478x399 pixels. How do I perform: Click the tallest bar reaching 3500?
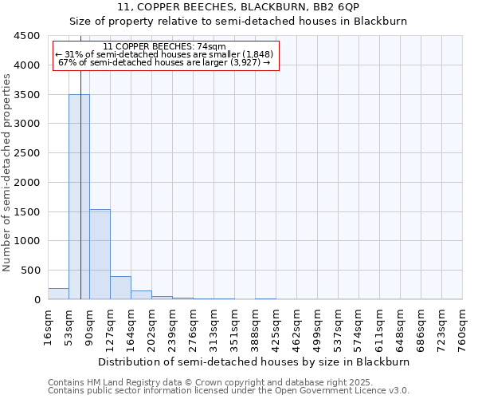click(79, 196)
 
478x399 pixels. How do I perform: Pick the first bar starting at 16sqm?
click(58, 294)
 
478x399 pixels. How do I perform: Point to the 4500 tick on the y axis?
click(29, 36)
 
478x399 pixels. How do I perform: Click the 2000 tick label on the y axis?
click(29, 182)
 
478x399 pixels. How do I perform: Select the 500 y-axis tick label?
click(33, 271)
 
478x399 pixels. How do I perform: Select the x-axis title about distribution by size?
click(255, 361)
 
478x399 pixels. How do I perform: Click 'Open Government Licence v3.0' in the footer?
click(340, 391)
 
